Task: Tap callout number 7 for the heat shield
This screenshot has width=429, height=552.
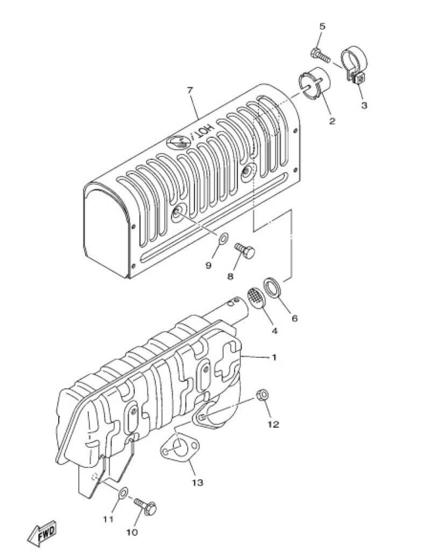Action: (x=190, y=90)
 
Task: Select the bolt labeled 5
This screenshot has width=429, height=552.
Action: (x=320, y=56)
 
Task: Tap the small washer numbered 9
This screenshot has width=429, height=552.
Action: (x=223, y=239)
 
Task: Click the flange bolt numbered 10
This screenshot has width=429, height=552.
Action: (x=145, y=506)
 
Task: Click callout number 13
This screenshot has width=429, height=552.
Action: (x=197, y=482)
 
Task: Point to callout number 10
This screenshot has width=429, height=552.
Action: (x=132, y=533)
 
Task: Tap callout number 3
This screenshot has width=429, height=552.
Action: (x=364, y=105)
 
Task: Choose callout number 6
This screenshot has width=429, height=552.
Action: (x=294, y=318)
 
